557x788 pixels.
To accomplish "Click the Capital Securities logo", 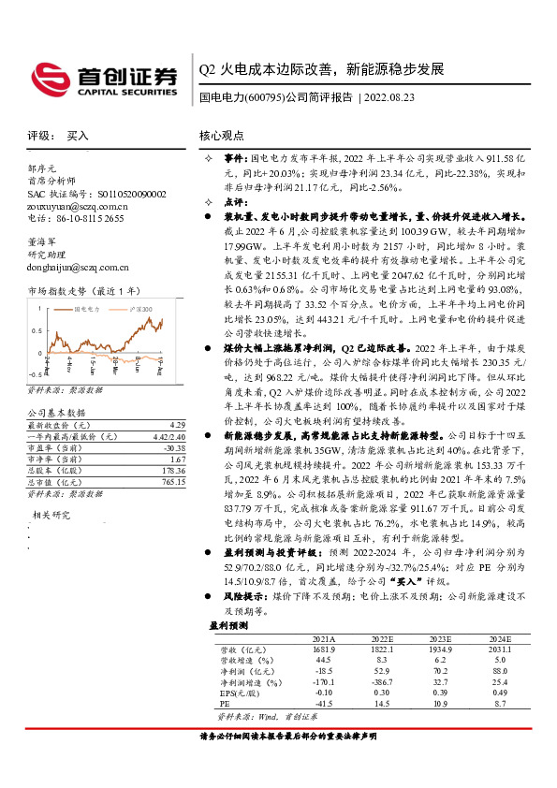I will (104, 79).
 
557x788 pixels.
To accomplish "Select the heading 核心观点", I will (223, 136).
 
